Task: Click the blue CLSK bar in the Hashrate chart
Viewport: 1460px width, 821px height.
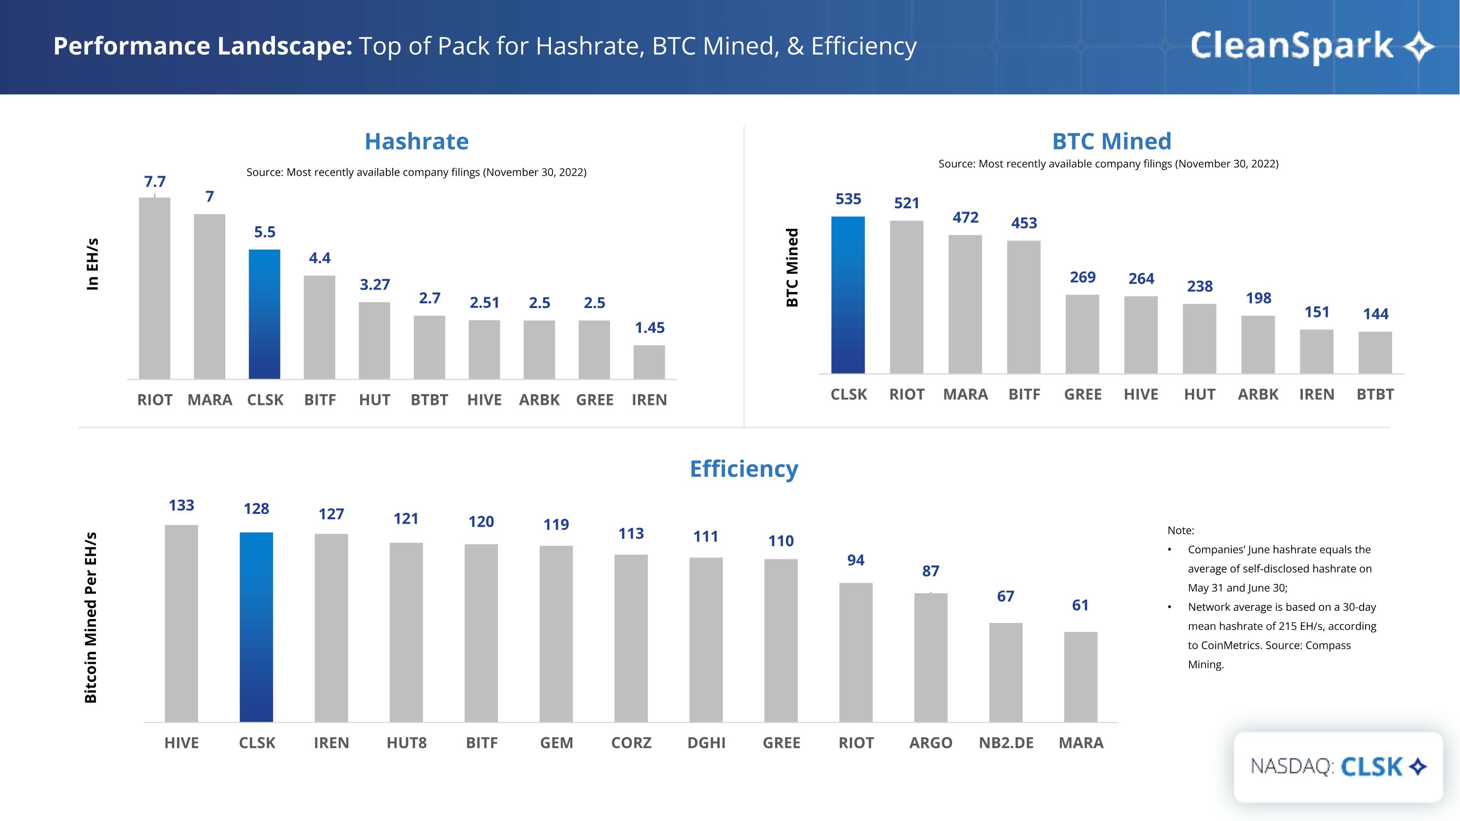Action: [x=264, y=314]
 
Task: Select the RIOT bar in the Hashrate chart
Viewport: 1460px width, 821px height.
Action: [x=154, y=289]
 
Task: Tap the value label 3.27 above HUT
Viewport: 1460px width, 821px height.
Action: [x=375, y=284]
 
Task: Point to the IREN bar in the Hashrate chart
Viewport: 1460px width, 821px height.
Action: [x=649, y=362]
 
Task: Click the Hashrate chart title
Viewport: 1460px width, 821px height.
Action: [x=417, y=141]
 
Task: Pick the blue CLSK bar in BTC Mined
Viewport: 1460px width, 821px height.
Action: [x=848, y=294]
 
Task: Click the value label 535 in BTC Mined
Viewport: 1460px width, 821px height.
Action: [x=848, y=199]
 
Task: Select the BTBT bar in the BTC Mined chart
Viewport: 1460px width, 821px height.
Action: [x=1375, y=352]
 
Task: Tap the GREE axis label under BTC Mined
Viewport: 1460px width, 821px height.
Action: [x=1082, y=394]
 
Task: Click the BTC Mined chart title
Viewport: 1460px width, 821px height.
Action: [x=1112, y=141]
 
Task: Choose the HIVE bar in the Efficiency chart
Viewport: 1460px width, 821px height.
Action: [x=182, y=623]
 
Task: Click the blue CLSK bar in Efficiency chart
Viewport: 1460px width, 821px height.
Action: [x=256, y=627]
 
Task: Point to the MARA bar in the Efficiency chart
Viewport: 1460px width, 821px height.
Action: [x=1080, y=676]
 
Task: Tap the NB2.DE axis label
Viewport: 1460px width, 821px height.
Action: [x=1006, y=743]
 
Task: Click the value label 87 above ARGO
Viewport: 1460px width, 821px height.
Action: [x=931, y=571]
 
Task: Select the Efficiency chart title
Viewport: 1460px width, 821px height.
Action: [x=744, y=469]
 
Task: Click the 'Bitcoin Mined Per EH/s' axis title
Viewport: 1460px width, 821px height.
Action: [x=91, y=618]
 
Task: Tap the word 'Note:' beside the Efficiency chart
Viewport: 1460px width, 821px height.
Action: [x=1181, y=530]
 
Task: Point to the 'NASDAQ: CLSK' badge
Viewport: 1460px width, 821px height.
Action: [x=1337, y=766]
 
